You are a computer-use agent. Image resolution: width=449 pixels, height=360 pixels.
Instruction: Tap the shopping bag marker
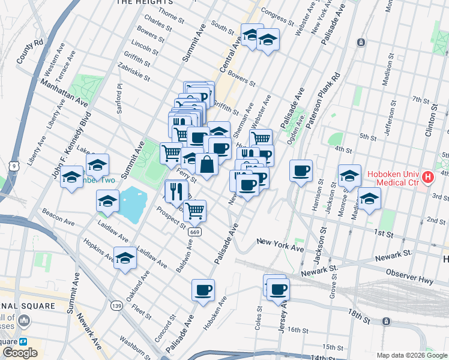(x=206, y=164)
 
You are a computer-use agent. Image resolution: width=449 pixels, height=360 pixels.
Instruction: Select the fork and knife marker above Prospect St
(x=176, y=191)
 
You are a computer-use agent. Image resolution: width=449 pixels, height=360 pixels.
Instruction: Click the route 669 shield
(x=194, y=232)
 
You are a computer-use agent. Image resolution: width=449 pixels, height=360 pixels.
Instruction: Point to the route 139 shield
(x=116, y=306)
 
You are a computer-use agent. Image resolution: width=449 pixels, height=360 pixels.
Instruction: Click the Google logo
(x=20, y=353)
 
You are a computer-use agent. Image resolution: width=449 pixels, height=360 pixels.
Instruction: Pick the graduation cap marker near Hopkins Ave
(x=125, y=258)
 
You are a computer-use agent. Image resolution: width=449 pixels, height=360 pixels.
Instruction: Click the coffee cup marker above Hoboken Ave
(x=203, y=290)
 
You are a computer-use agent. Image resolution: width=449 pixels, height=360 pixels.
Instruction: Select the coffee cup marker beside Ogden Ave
(x=301, y=170)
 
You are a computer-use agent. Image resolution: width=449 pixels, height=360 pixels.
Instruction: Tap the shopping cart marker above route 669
(x=194, y=211)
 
